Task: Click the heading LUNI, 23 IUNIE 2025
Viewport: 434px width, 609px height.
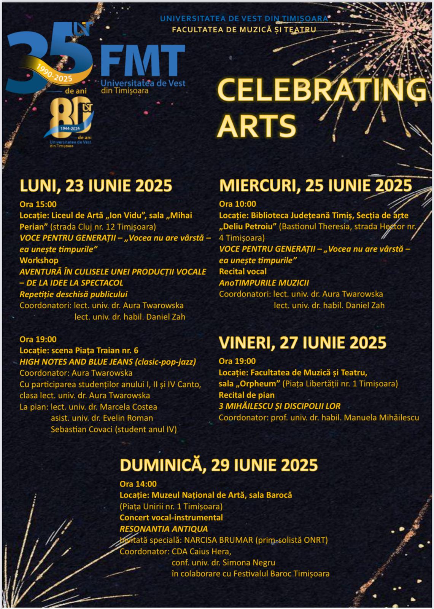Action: click(x=96, y=186)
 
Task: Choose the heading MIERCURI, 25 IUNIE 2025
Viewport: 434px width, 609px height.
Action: click(x=315, y=185)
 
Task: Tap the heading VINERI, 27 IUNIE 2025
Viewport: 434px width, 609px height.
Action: click(x=302, y=343)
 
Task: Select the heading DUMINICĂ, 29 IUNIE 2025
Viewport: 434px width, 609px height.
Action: click(x=219, y=465)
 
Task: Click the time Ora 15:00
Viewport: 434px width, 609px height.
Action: click(x=38, y=204)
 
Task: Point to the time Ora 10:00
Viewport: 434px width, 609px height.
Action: click(x=237, y=204)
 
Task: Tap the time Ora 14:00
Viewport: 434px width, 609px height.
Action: click(x=138, y=484)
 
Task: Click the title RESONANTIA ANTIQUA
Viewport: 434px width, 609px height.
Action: click(x=164, y=529)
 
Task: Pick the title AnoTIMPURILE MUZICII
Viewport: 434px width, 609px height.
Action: click(x=264, y=283)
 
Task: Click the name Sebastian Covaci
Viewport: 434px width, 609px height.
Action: click(x=81, y=429)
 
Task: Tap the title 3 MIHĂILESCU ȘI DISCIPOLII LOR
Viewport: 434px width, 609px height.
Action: click(x=279, y=406)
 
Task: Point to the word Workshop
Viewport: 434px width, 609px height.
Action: click(x=39, y=260)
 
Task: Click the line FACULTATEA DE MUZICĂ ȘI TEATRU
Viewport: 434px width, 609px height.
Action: click(x=244, y=29)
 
